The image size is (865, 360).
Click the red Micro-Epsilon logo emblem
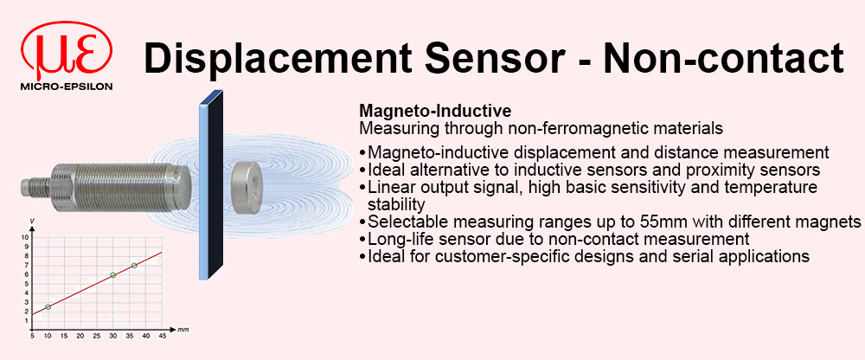(67, 51)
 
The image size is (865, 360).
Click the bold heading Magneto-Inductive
(435, 111)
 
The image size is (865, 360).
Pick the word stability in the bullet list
(396, 204)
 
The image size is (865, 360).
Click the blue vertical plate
(211, 186)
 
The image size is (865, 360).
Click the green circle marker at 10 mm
(48, 306)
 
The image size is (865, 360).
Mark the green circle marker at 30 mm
(113, 275)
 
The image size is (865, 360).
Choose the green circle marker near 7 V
(134, 266)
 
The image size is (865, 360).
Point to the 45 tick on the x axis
(163, 336)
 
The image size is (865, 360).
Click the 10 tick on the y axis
(24, 237)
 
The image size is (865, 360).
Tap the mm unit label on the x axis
(183, 330)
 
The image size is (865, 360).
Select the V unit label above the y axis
(33, 222)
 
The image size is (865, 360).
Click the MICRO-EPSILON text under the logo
(67, 87)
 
